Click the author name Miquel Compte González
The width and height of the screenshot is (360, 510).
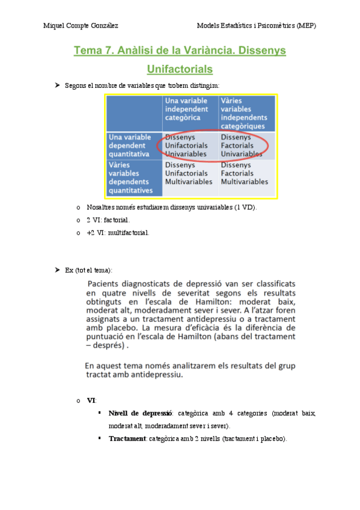[81, 26]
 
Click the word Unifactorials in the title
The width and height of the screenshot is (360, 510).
[180, 69]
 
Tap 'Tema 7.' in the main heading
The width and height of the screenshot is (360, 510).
[93, 51]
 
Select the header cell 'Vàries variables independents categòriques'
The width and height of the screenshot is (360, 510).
[245, 114]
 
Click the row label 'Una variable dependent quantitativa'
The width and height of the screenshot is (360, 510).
[133, 146]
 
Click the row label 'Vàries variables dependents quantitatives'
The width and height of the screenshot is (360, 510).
[133, 177]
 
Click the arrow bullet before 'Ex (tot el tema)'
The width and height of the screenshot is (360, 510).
[58, 269]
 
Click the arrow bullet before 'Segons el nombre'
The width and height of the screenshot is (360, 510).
[58, 86]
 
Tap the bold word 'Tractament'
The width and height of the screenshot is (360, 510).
[127, 438]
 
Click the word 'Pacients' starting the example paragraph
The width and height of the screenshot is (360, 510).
[105, 283]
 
